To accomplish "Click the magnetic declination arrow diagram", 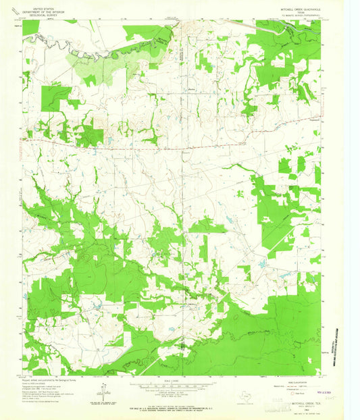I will (103, 391).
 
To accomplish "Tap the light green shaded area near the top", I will (91, 64).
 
